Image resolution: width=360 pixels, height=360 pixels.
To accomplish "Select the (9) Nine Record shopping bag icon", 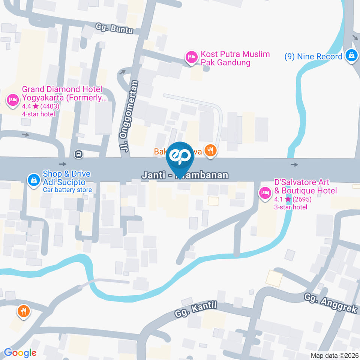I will point(351,55).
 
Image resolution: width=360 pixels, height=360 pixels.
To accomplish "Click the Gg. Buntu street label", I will point(114,29).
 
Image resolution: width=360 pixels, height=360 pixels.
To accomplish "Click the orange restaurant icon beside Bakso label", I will point(211,151).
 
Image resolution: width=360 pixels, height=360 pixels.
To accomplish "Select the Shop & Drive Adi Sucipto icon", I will point(34,180).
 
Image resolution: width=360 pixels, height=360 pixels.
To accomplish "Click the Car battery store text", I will point(67,190).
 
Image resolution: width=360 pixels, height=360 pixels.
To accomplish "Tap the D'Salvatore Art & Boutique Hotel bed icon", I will point(265,193).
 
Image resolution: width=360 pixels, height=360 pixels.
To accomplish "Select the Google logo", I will point(20,353).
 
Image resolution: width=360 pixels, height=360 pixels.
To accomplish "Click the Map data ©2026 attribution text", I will point(334,355).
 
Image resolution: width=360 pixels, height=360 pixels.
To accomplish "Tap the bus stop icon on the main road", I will point(78,153).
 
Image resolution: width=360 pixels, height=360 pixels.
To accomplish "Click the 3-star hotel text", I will point(291,207).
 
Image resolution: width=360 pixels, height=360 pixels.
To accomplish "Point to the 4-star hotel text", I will point(39,114).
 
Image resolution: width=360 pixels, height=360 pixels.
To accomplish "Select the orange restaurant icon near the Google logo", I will point(23,311).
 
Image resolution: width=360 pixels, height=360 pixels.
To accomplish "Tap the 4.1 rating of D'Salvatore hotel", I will point(279,199).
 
